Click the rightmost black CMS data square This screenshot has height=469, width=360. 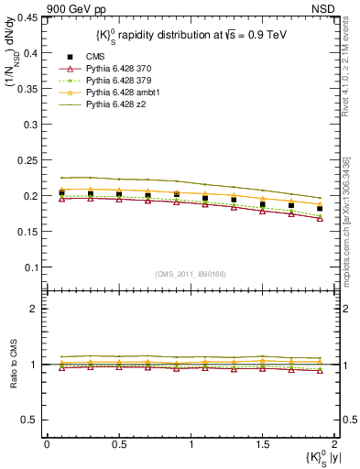pos(320,209)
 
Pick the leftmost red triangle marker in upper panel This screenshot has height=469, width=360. pos(61,198)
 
